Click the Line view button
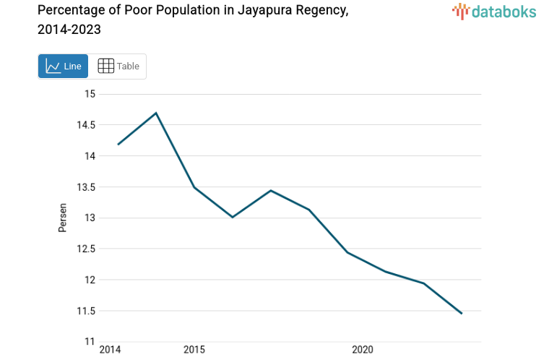(64, 67)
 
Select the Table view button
(118, 67)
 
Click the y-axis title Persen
(62, 218)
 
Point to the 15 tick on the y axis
(90, 94)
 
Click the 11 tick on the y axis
(90, 342)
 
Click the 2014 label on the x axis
(110, 350)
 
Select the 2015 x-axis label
(194, 350)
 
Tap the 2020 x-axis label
(362, 350)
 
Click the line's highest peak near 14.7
(156, 113)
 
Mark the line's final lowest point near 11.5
(461, 313)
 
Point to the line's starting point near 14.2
(118, 144)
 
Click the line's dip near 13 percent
(233, 217)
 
